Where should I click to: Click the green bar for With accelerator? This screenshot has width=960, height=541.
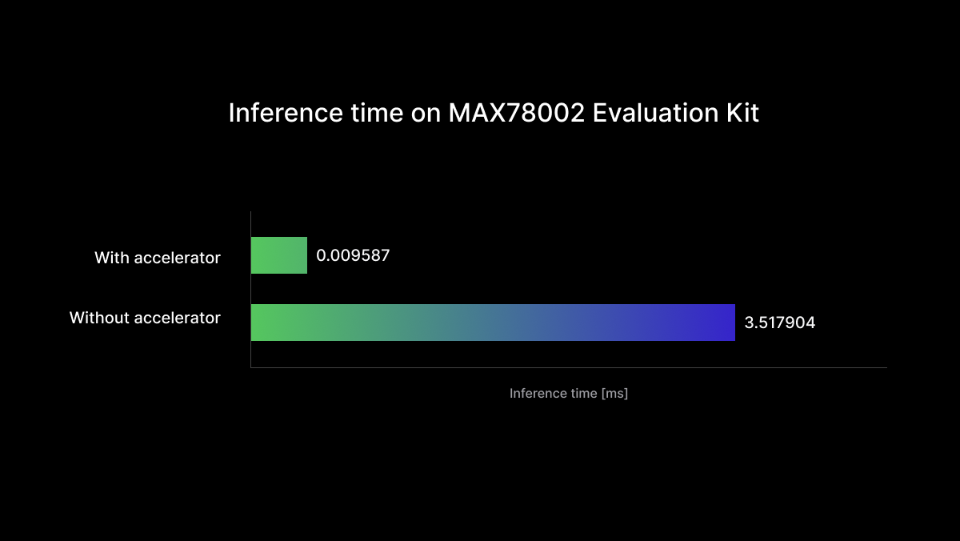click(279, 255)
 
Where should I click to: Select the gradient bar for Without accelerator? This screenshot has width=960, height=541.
click(493, 323)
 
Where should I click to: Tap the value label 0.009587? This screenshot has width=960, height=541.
click(353, 255)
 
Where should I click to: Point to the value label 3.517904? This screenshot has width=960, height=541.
click(779, 323)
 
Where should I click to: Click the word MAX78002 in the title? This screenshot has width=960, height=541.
click(517, 113)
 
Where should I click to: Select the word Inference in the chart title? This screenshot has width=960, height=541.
click(286, 113)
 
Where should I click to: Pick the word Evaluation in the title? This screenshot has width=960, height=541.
click(656, 113)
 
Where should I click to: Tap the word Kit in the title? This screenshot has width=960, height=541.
click(742, 113)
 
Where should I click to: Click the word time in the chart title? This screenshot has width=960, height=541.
click(377, 113)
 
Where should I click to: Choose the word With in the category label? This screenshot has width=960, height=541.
click(112, 258)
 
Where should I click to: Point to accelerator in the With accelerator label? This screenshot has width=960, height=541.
click(178, 258)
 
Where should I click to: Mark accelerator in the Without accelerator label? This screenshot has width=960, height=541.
click(178, 318)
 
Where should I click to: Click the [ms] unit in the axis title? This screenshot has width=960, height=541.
click(614, 394)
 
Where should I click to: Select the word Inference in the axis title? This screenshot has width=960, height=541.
click(538, 393)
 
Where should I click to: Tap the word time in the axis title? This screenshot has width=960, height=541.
click(583, 393)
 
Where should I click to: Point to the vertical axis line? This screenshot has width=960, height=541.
click(250, 290)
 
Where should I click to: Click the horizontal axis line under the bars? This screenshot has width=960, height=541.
click(569, 367)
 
